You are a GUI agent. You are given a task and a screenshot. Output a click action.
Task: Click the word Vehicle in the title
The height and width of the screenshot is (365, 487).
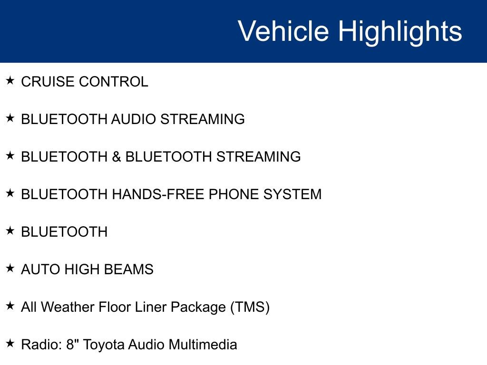(283, 31)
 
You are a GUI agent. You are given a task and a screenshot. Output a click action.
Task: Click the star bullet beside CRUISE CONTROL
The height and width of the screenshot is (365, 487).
(10, 80)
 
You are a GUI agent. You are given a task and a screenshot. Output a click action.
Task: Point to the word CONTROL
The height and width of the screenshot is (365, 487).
(114, 82)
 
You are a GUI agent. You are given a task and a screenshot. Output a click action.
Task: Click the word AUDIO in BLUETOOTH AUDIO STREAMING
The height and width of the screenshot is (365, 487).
(133, 119)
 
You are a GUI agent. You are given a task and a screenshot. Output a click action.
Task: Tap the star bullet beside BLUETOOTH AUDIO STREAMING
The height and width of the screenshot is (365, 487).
(10, 118)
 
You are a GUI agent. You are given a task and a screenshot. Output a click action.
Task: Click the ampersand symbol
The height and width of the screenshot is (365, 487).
(117, 157)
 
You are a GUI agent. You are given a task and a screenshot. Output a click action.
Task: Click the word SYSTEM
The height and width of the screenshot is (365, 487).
(292, 194)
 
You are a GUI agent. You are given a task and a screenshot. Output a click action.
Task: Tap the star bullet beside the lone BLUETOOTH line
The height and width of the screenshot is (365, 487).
(10, 231)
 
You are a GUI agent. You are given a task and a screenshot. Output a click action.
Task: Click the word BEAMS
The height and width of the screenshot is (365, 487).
(128, 269)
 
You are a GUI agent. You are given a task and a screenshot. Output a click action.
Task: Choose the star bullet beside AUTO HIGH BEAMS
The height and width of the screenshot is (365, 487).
(10, 268)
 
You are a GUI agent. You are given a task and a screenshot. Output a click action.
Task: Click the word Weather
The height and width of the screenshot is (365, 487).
(68, 307)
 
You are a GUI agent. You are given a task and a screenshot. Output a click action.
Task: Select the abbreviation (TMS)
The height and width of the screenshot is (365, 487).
(250, 307)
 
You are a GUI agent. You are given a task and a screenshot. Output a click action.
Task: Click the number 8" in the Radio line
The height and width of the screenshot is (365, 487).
(72, 345)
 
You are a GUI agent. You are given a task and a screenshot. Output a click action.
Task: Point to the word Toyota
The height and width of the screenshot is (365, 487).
(103, 345)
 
